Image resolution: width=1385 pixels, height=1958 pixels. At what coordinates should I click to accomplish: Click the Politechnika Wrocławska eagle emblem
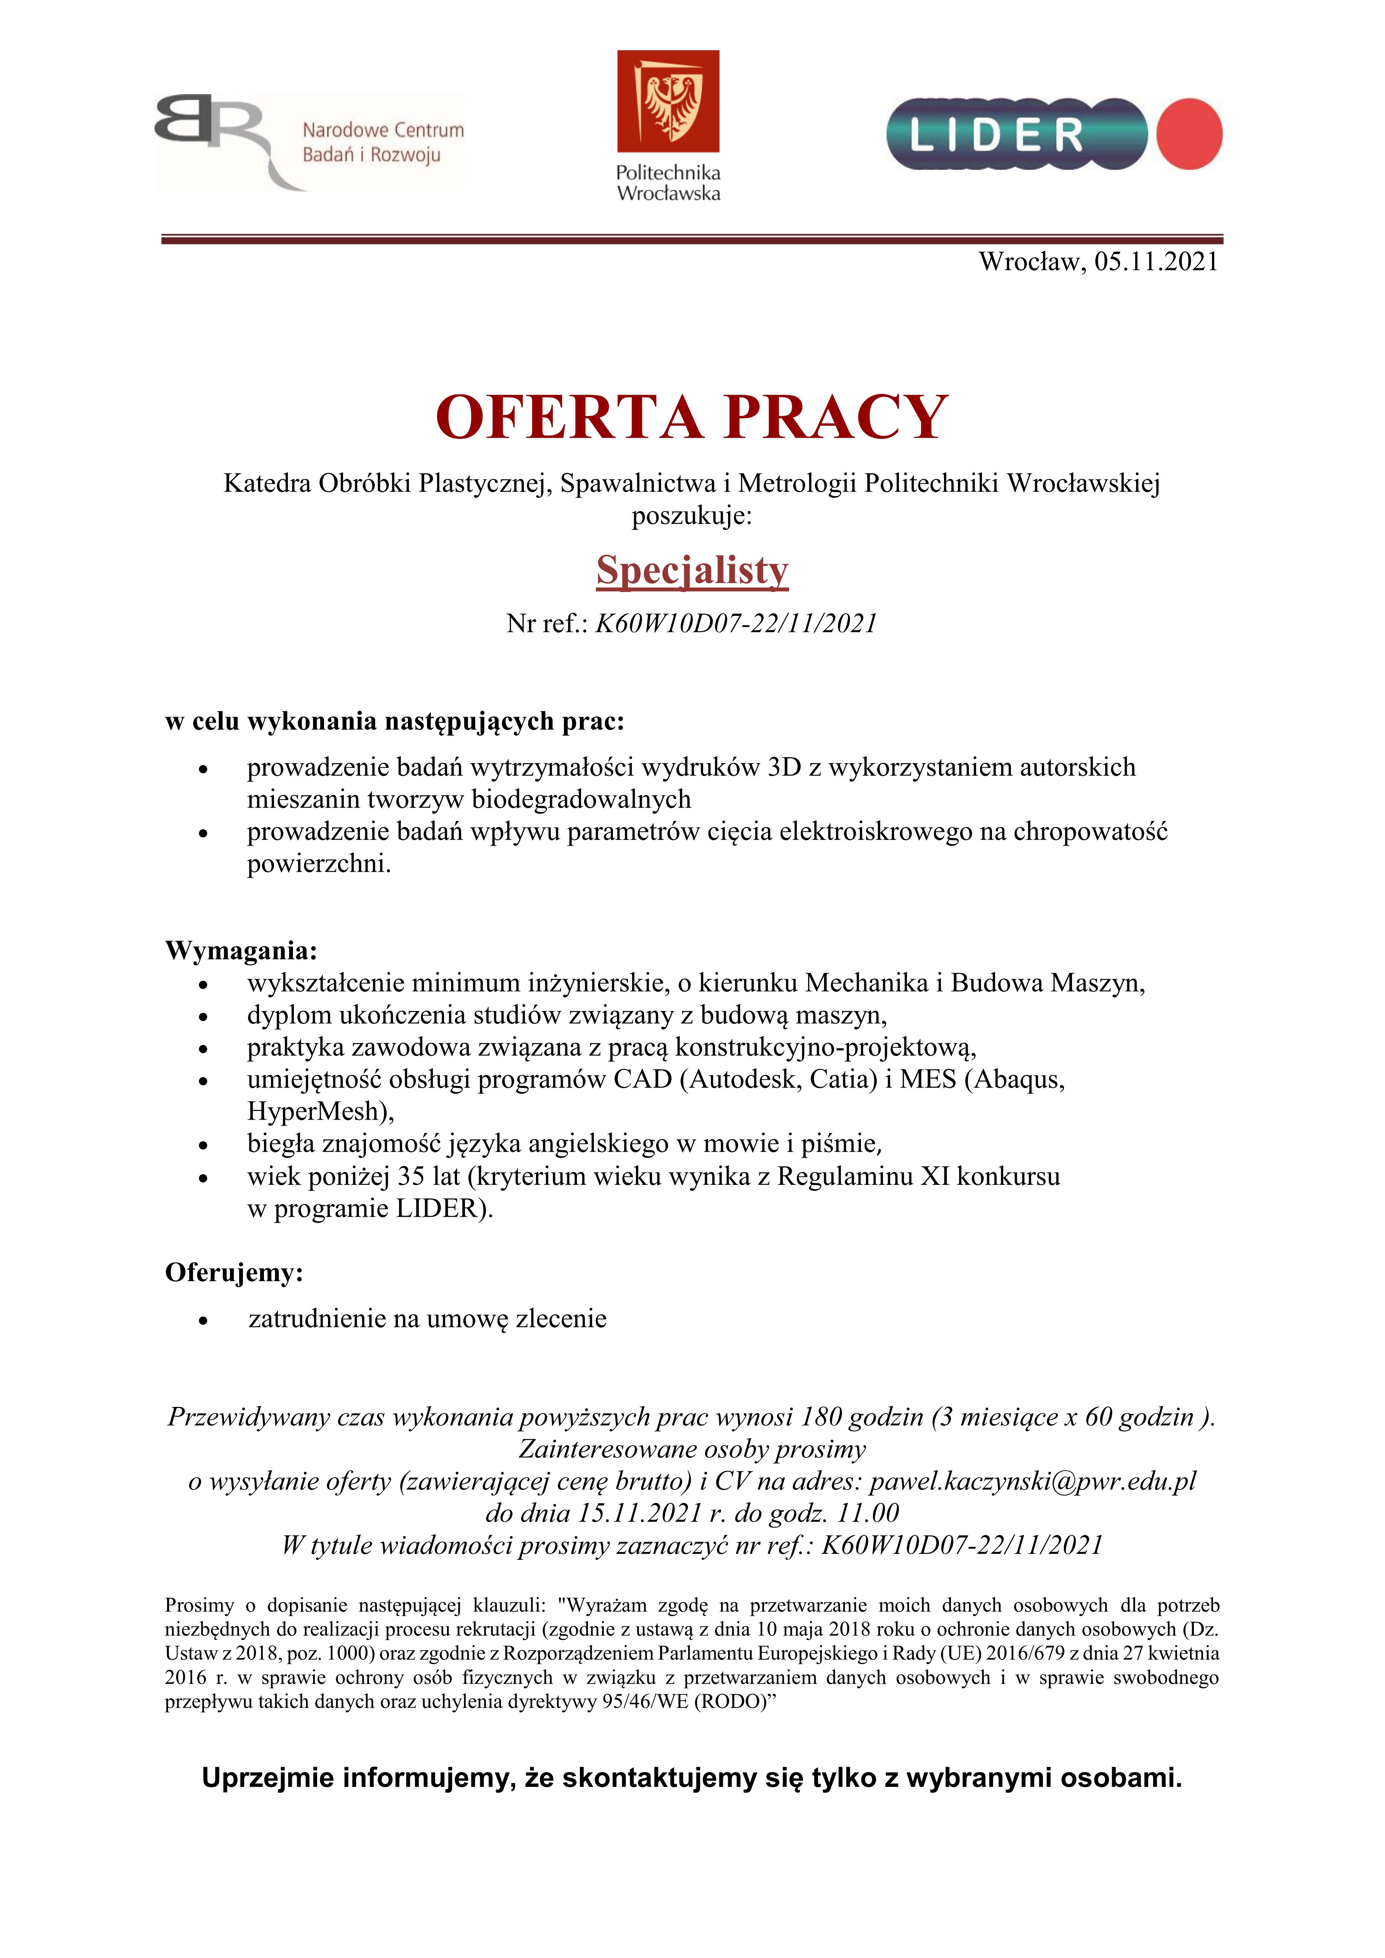[x=668, y=100]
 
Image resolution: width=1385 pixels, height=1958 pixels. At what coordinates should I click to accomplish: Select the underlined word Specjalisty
[x=692, y=570]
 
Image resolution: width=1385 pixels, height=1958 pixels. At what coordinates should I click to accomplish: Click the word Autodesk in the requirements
[x=744, y=1079]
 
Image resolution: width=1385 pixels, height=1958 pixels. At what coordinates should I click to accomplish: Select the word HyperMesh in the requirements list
[x=312, y=1111]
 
